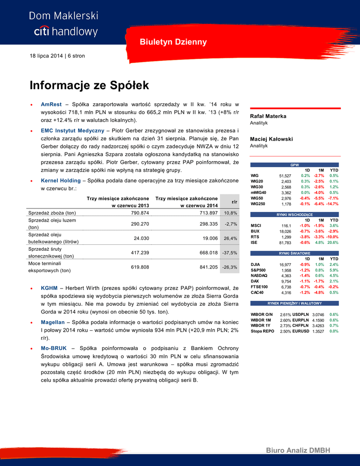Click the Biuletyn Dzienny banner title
point(172,42)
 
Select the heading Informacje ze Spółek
point(89,86)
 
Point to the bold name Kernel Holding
point(61,180)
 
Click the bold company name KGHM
point(49,288)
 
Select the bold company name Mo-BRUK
point(54,348)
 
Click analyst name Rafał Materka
point(268,116)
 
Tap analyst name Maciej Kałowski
point(271,139)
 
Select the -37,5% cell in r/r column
point(229,253)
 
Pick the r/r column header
point(234,202)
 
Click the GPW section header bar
point(294,165)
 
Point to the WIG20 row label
point(257,182)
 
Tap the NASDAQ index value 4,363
point(286,276)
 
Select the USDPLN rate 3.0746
point(318,314)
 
